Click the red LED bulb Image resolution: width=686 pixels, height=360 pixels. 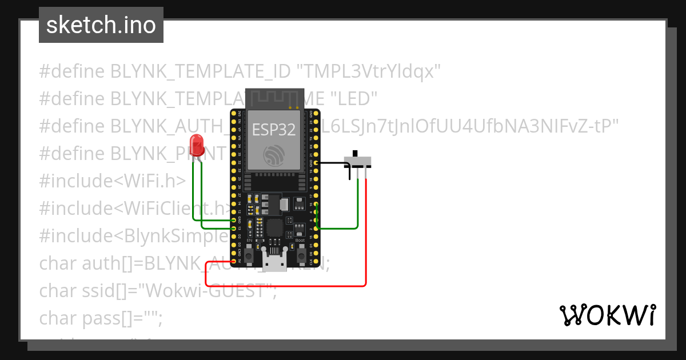(x=196, y=143)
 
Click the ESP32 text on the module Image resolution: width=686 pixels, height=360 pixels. (x=274, y=130)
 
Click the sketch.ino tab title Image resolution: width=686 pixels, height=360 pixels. (x=101, y=25)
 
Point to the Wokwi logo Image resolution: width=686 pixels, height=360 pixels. (x=607, y=315)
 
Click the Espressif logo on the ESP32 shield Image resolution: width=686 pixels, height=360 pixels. (x=274, y=155)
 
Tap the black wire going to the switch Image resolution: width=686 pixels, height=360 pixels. (x=332, y=163)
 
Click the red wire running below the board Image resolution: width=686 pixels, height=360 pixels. (x=286, y=285)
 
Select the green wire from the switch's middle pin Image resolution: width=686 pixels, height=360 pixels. (x=358, y=206)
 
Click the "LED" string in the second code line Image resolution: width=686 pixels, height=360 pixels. (x=354, y=98)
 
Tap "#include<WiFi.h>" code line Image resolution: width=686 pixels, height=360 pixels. (x=113, y=181)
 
